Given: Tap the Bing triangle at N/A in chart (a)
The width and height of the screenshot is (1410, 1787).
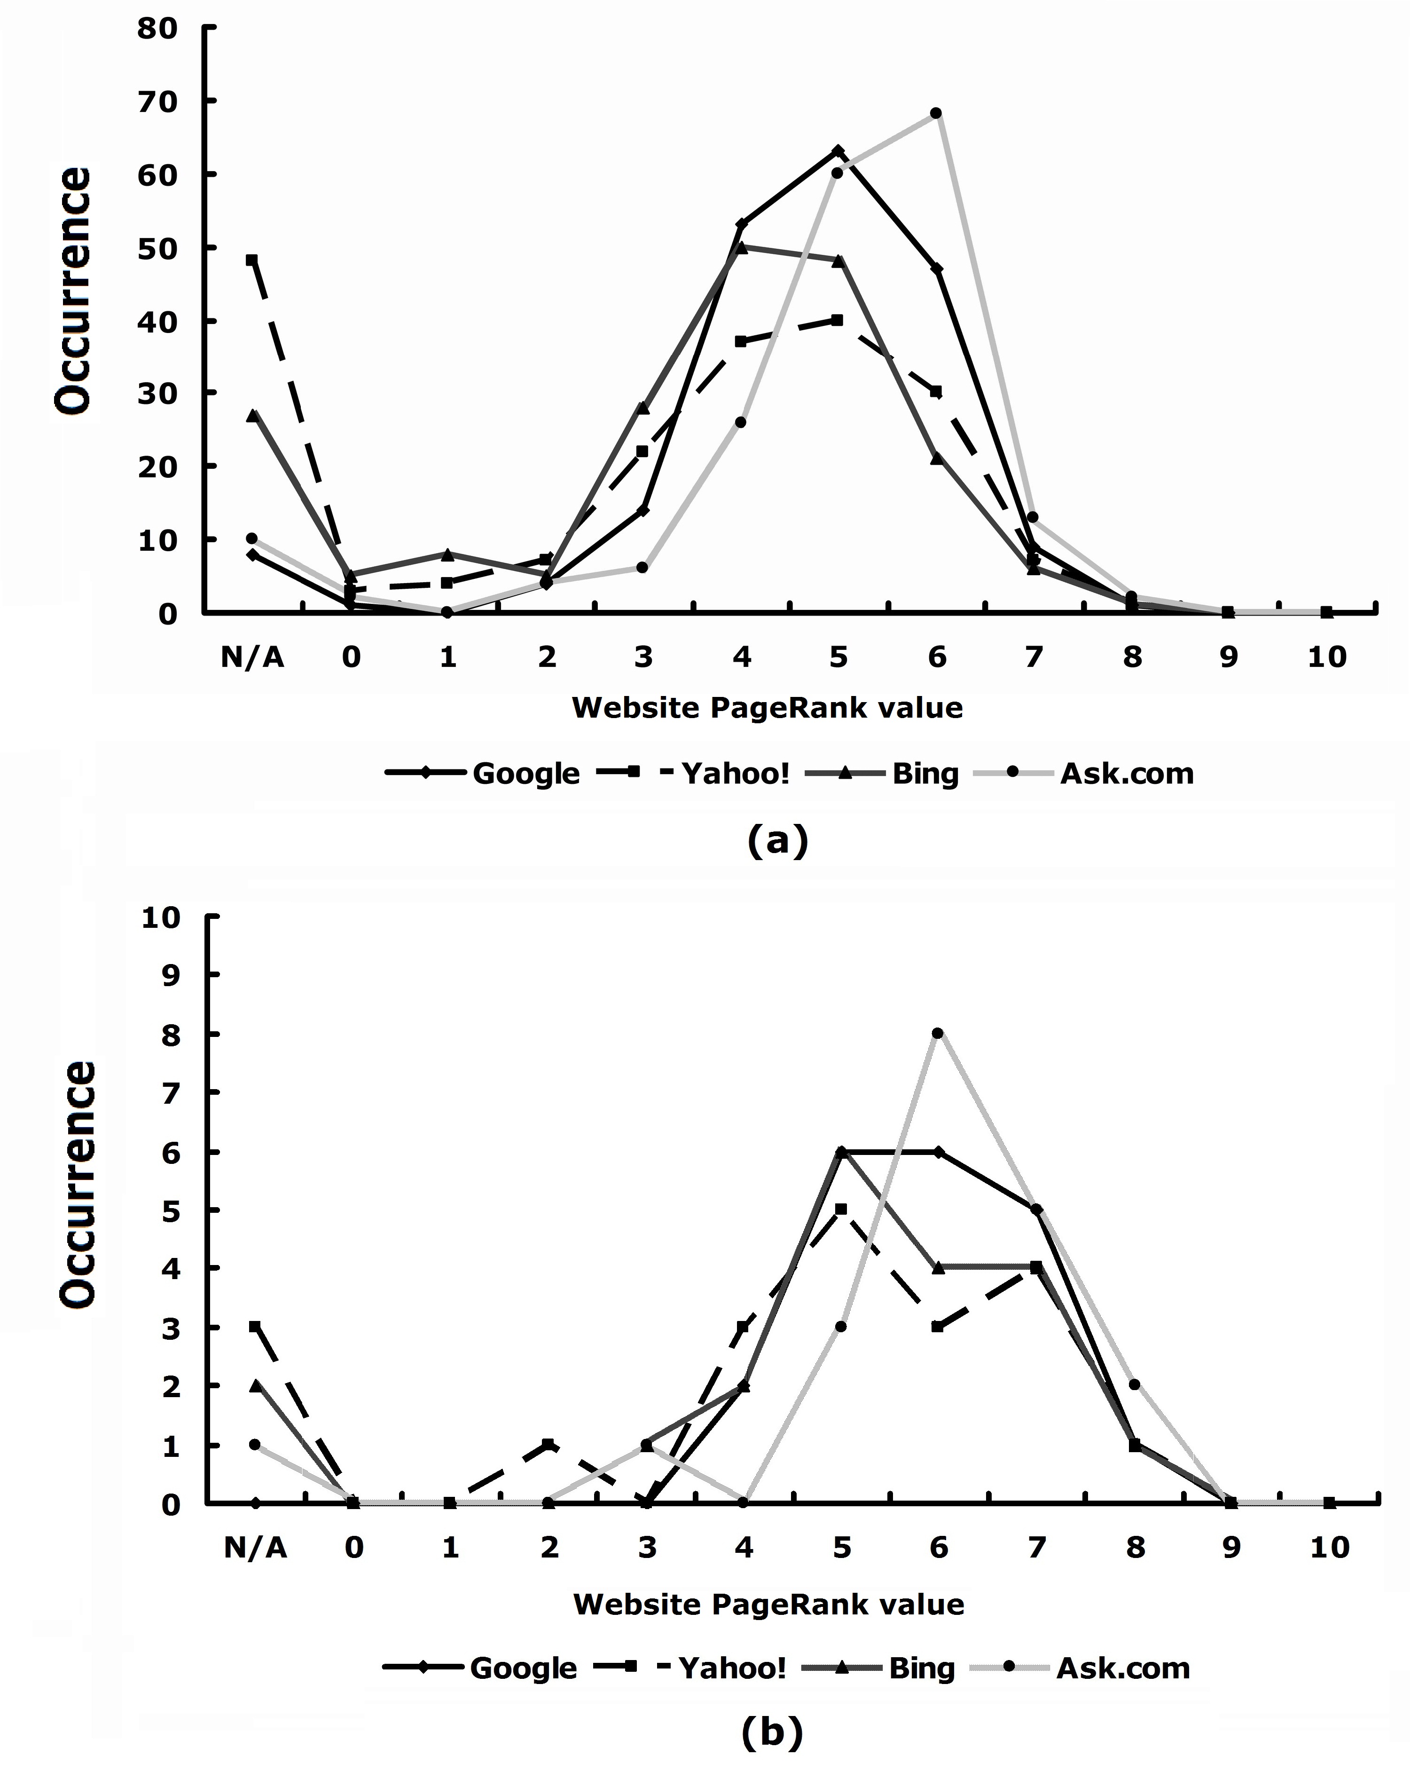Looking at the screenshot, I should tap(252, 415).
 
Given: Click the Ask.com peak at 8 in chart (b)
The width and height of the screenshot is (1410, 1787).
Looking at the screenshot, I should tap(938, 1033).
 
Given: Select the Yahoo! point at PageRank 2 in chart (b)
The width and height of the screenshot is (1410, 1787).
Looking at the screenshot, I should tap(548, 1444).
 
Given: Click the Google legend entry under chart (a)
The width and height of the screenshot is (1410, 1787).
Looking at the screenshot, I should tap(484, 774).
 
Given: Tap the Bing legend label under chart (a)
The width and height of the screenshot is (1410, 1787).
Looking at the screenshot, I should tap(925, 774).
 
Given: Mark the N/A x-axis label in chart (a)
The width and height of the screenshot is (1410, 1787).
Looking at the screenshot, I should tap(252, 657).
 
